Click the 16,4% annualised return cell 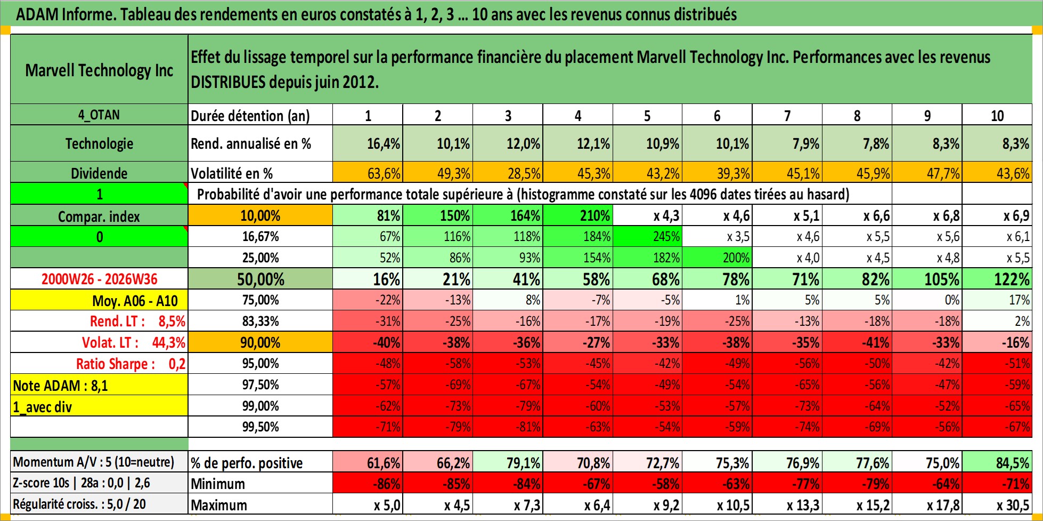[x=368, y=143]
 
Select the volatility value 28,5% [x=508, y=173]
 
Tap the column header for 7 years [x=787, y=115]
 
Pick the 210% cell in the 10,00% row [x=578, y=215]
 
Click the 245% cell [x=648, y=236]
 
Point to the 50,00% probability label [x=260, y=279]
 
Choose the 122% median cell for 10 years [x=997, y=279]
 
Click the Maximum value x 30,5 [x=997, y=504]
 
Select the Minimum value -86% [x=368, y=484]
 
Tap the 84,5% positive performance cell [x=997, y=462]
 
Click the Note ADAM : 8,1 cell [x=99, y=385]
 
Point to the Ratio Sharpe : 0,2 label [x=131, y=364]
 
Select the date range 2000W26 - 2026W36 [x=99, y=279]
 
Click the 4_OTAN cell [x=99, y=115]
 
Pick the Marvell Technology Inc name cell [x=99, y=70]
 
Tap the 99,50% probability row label [x=260, y=427]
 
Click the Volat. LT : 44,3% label [x=133, y=342]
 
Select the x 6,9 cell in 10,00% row [x=997, y=215]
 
